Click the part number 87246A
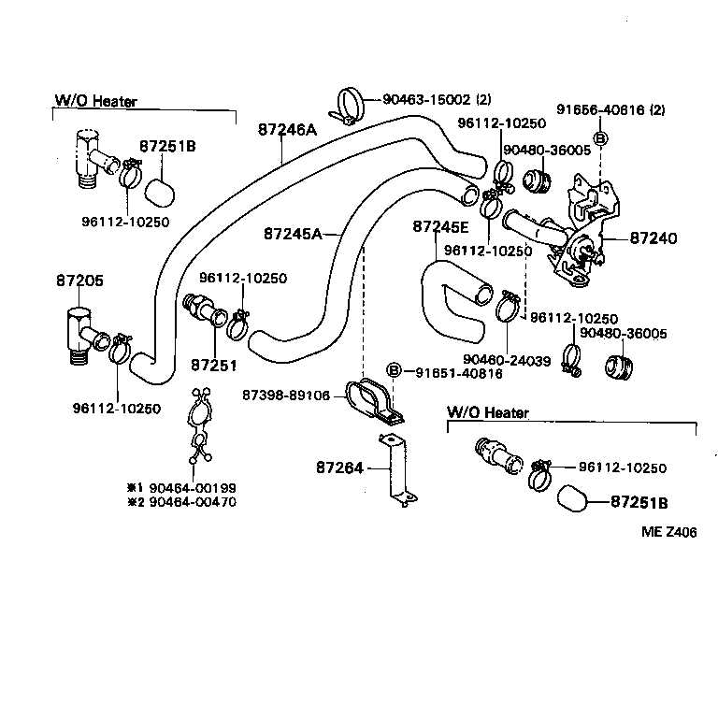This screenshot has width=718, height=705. pyautogui.click(x=287, y=131)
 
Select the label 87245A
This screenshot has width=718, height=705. pyautogui.click(x=293, y=234)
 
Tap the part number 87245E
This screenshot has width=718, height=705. pyautogui.click(x=440, y=227)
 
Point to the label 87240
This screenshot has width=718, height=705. pyautogui.click(x=653, y=239)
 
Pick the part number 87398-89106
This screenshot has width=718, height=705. pyautogui.click(x=286, y=396)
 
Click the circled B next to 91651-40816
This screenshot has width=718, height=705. pyautogui.click(x=394, y=372)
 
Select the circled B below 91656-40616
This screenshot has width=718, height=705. pyautogui.click(x=600, y=138)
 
